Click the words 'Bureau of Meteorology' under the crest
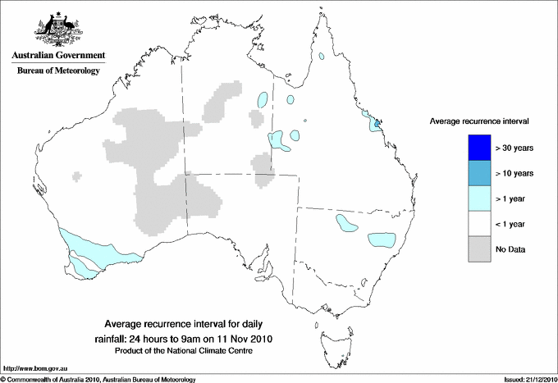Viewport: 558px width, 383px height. tap(57, 71)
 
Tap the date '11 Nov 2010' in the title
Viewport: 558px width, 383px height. tap(246, 338)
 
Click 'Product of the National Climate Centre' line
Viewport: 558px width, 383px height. tap(188, 350)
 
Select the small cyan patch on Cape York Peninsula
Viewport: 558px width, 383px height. tap(323, 57)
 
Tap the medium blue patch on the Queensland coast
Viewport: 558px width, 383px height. tap(376, 125)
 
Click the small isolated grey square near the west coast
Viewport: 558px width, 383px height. tap(78, 175)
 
